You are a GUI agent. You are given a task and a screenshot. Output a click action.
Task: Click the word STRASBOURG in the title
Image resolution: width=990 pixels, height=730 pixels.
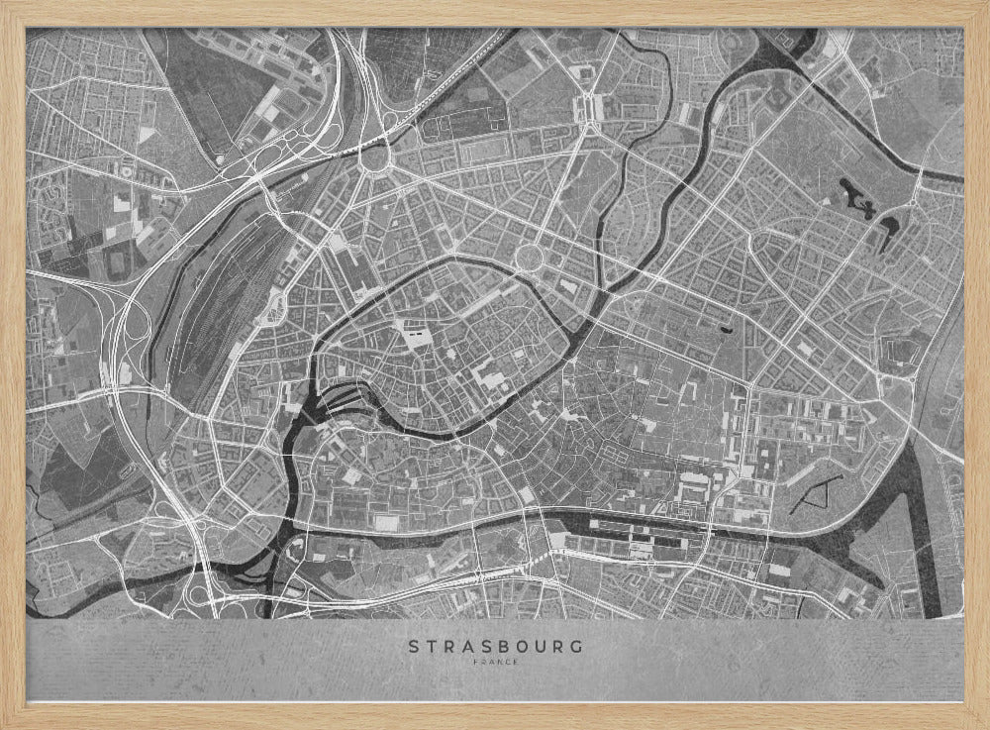495,646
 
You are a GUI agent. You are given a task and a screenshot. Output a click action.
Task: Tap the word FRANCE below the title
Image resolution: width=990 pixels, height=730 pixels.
495,663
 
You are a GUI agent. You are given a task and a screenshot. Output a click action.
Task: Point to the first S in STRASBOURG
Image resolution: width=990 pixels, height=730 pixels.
414,646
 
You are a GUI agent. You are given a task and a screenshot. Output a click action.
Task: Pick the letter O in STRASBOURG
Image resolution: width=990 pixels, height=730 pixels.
525,646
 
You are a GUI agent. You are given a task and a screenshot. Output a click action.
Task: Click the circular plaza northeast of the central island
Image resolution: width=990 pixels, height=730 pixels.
530,258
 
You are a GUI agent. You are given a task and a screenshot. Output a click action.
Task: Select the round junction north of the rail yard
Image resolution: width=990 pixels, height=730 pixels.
376,157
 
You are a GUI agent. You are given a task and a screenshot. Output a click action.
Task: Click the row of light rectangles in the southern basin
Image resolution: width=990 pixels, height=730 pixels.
634,531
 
